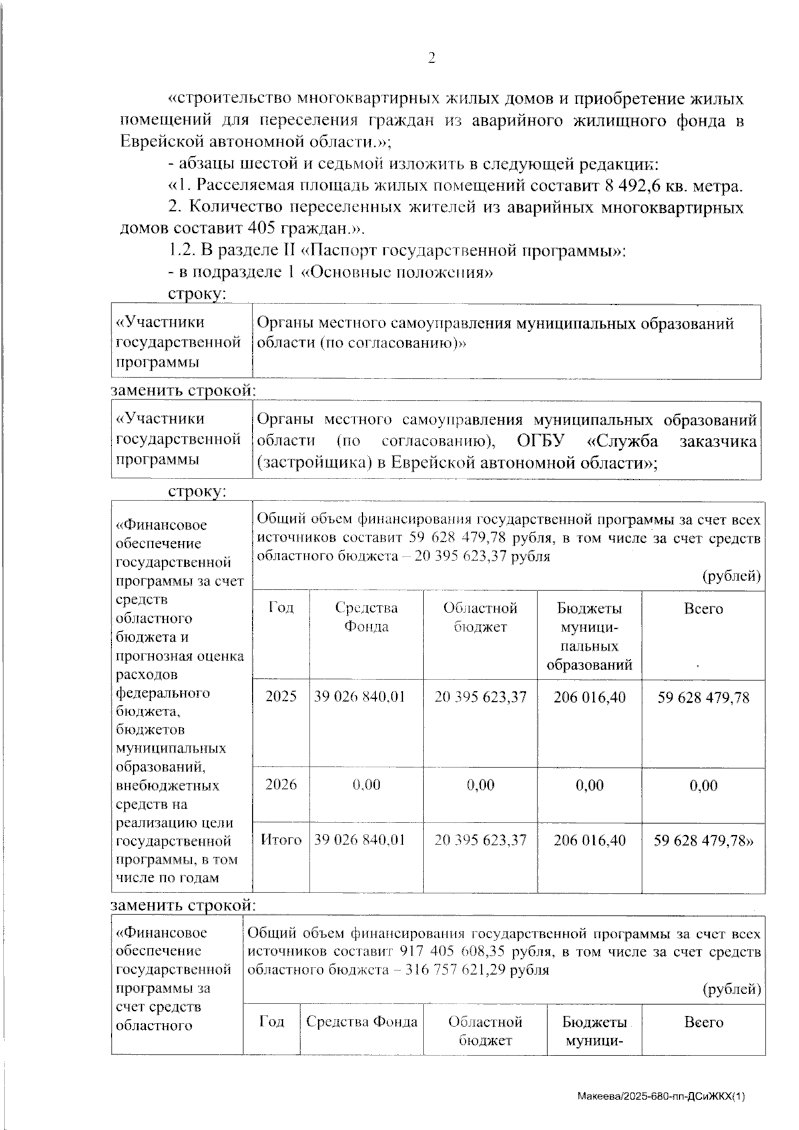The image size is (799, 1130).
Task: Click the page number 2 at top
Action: pos(431,59)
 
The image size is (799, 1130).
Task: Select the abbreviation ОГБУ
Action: pos(540,441)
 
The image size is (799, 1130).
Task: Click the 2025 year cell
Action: pos(281,697)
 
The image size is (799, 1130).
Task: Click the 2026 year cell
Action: pos(281,785)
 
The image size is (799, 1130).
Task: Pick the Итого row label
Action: pos(281,840)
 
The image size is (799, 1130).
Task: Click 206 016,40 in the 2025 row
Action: pos(589,697)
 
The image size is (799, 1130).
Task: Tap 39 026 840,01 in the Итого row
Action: pos(360,840)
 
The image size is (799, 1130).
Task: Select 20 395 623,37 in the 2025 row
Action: pos(480,697)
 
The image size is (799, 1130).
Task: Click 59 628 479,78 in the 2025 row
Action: pos(703,697)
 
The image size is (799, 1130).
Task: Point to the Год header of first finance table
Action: pos(281,608)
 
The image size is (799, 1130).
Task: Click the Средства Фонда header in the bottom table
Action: pos(362,1022)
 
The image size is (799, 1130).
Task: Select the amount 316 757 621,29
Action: pos(453,970)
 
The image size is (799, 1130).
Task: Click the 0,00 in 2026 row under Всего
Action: pos(703,785)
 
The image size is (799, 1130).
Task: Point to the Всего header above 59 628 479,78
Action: pos(703,608)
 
